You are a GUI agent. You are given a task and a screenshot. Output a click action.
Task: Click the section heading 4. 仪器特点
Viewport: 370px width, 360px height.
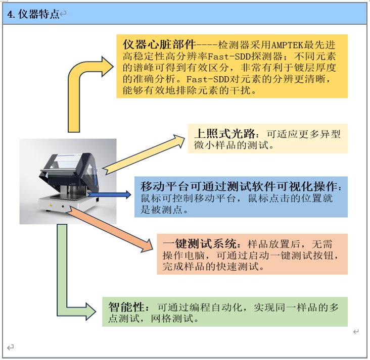pyautogui.click(x=33, y=14)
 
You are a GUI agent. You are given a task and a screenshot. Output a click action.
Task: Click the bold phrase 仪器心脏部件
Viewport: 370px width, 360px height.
pyautogui.click(x=159, y=44)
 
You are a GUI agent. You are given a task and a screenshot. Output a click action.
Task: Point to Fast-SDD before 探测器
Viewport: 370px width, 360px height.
pyautogui.click(x=229, y=57)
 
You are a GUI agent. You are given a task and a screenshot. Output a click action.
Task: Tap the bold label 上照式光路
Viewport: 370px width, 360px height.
pyautogui.click(x=225, y=134)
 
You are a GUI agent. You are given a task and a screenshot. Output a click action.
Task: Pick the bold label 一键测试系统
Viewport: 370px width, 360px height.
pyautogui.click(x=200, y=244)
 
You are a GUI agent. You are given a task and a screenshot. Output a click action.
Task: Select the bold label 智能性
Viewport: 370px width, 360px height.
pyautogui.click(x=126, y=307)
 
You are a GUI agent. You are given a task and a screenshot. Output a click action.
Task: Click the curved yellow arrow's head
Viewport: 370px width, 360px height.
pyautogui.click(x=107, y=67)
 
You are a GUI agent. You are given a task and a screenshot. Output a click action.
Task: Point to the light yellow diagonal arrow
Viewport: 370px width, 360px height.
pyautogui.click(x=144, y=154)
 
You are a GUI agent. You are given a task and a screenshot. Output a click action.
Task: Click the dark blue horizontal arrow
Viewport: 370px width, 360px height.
pyautogui.click(x=109, y=194)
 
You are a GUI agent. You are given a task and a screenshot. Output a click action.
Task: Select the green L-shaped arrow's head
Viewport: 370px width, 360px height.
pyautogui.click(x=90, y=312)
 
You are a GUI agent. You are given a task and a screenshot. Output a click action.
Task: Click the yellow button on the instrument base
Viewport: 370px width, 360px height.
pyautogui.click(x=51, y=205)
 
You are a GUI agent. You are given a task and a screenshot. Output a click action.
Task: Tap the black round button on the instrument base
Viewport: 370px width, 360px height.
pyautogui.click(x=63, y=207)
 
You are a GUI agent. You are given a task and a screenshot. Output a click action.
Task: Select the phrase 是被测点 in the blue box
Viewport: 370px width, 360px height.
pyautogui.click(x=162, y=210)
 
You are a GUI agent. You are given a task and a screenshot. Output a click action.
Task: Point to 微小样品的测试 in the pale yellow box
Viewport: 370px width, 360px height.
pyautogui.click(x=232, y=145)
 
